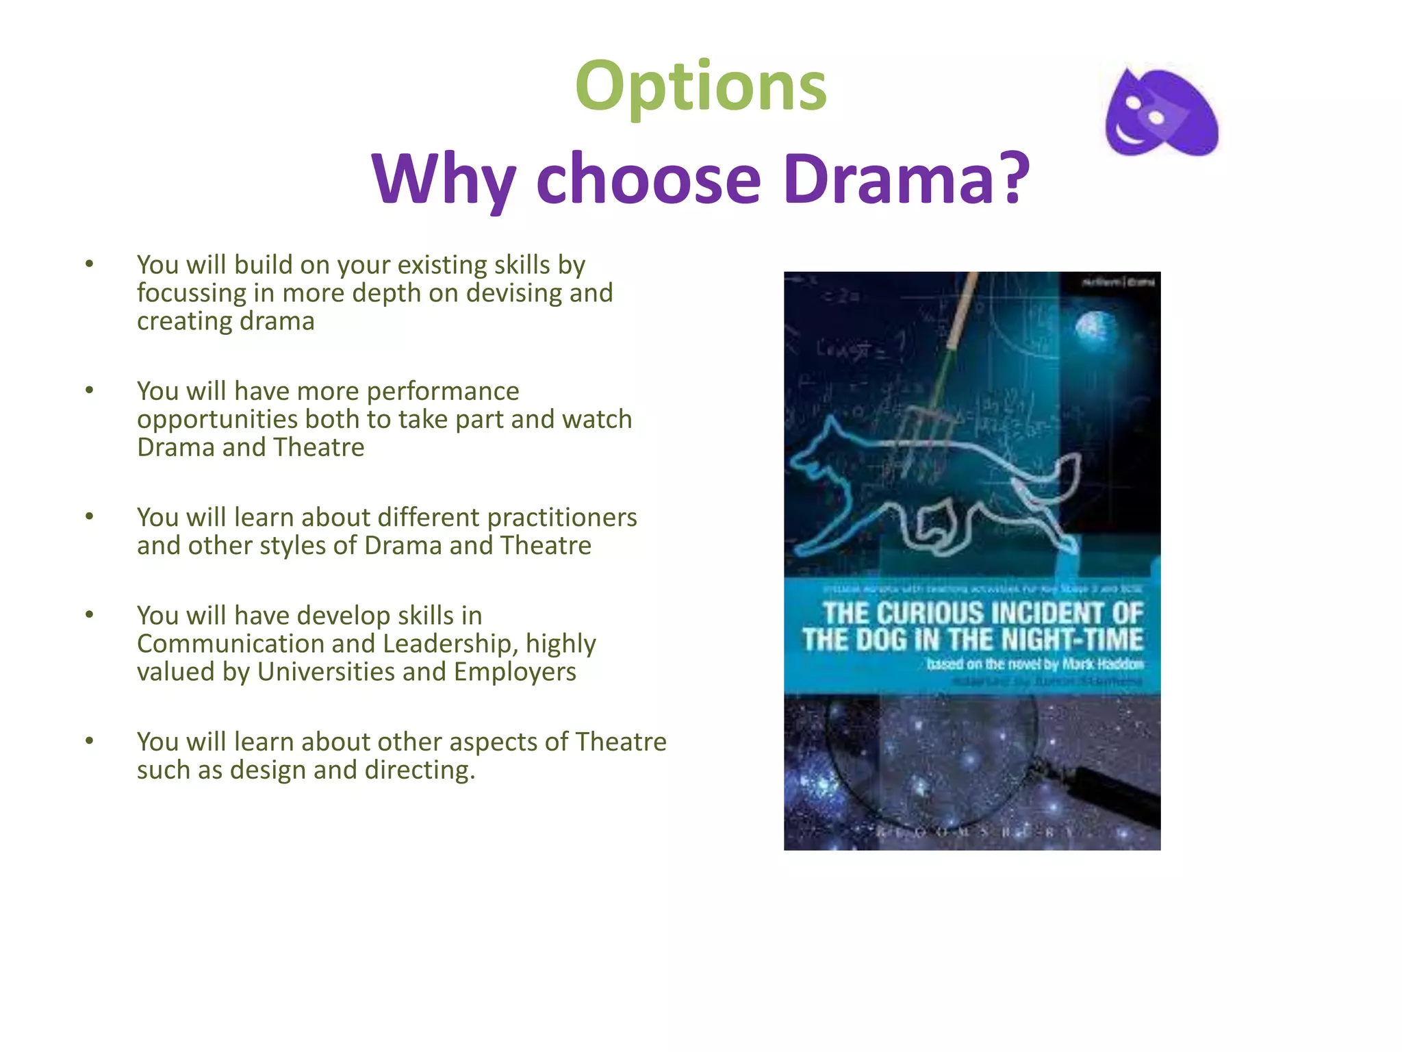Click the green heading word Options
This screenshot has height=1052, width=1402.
(701, 86)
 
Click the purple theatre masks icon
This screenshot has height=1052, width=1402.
(1161, 113)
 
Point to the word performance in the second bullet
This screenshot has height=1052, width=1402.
(443, 391)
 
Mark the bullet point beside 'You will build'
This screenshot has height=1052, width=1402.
(89, 264)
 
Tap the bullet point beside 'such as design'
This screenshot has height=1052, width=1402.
(89, 741)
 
